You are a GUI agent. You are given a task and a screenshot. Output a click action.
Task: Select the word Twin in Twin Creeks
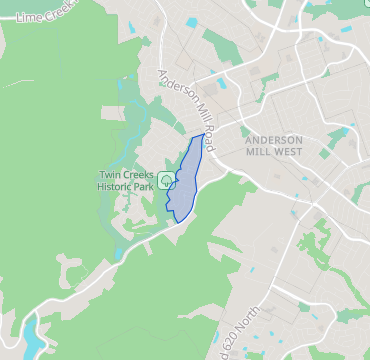point(110,176)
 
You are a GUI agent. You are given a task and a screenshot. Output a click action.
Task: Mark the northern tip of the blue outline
point(203,134)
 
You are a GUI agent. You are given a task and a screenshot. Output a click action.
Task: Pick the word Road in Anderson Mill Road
point(209,139)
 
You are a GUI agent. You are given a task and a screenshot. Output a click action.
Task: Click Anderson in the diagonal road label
point(171,88)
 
